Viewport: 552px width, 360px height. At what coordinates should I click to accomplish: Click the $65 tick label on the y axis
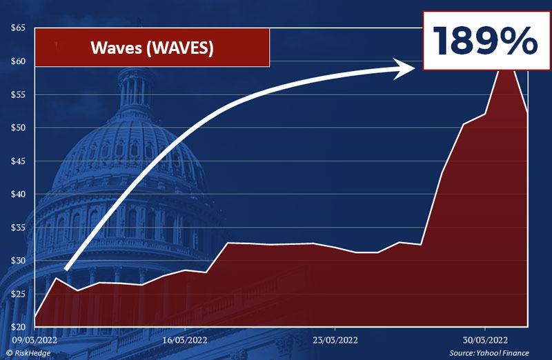[x=18, y=28]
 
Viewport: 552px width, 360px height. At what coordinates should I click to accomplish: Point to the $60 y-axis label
[x=18, y=61]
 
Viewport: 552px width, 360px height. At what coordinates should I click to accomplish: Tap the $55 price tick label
[x=18, y=94]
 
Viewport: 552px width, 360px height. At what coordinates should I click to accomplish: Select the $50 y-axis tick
[x=18, y=128]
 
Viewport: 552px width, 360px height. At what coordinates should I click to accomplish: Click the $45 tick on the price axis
[x=18, y=161]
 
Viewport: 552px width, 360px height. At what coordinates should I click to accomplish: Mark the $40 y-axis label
[x=18, y=194]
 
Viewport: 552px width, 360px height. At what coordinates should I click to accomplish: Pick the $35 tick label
[x=18, y=227]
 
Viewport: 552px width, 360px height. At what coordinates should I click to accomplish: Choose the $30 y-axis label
[x=18, y=261]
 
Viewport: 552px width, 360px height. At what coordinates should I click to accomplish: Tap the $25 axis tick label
[x=18, y=294]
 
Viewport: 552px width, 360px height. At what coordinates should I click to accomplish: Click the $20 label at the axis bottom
[x=18, y=327]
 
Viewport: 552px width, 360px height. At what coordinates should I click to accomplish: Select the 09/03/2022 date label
[x=34, y=340]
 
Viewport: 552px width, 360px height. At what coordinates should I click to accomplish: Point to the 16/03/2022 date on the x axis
[x=184, y=340]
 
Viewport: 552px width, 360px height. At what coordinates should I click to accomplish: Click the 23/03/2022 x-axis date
[x=334, y=340]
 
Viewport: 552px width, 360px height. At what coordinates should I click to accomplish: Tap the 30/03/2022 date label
[x=484, y=340]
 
